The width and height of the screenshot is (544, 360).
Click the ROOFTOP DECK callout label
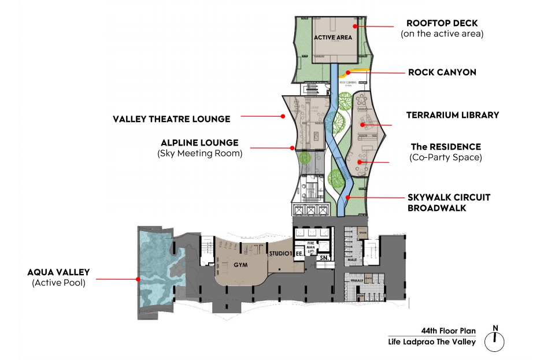pos(442,24)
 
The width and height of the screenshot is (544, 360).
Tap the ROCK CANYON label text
pos(442,73)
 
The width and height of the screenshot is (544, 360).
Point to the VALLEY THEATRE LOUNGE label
pos(172,119)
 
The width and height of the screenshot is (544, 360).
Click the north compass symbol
pos(494,341)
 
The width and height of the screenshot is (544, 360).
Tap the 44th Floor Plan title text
pos(448,331)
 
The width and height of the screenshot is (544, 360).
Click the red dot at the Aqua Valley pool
pos(138,279)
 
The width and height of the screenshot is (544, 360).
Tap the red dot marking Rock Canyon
pos(347,73)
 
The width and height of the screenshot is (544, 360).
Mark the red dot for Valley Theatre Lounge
pos(283,116)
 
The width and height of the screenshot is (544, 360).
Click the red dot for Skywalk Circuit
pos(347,197)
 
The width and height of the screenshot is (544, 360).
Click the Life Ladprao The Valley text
pos(432,342)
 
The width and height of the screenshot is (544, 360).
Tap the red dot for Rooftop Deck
pos(356,26)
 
